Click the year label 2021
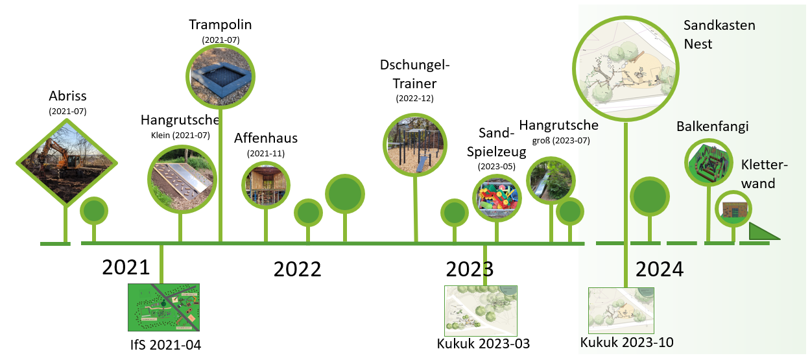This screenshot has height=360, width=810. tap(126, 267)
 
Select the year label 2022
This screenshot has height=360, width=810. tap(297, 269)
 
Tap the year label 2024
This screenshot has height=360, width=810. tap(660, 269)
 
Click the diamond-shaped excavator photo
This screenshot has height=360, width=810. tap(67, 163)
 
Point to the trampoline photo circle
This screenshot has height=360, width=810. tap(220, 77)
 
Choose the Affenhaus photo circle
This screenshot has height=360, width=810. tap(266, 185)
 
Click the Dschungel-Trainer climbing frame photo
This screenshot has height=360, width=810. tap(415, 145)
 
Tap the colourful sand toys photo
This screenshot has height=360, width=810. tap(497, 198)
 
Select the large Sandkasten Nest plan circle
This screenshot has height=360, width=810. tap(626, 69)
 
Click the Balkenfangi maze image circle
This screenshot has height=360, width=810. tap(709, 162)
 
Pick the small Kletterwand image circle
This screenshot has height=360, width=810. tap(733, 209)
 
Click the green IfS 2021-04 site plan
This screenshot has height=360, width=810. tap(163, 307)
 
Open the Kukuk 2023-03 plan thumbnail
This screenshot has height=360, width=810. tap(481, 311)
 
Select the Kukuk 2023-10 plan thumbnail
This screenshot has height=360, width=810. tap(621, 311)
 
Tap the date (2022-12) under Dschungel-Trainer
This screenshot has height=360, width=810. tap(415, 99)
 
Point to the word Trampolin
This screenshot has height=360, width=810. tap(220, 25)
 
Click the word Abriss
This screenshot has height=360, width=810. tap(67, 96)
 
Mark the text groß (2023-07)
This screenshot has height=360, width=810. tap(561, 140)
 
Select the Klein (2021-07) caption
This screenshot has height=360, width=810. tap(180, 136)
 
